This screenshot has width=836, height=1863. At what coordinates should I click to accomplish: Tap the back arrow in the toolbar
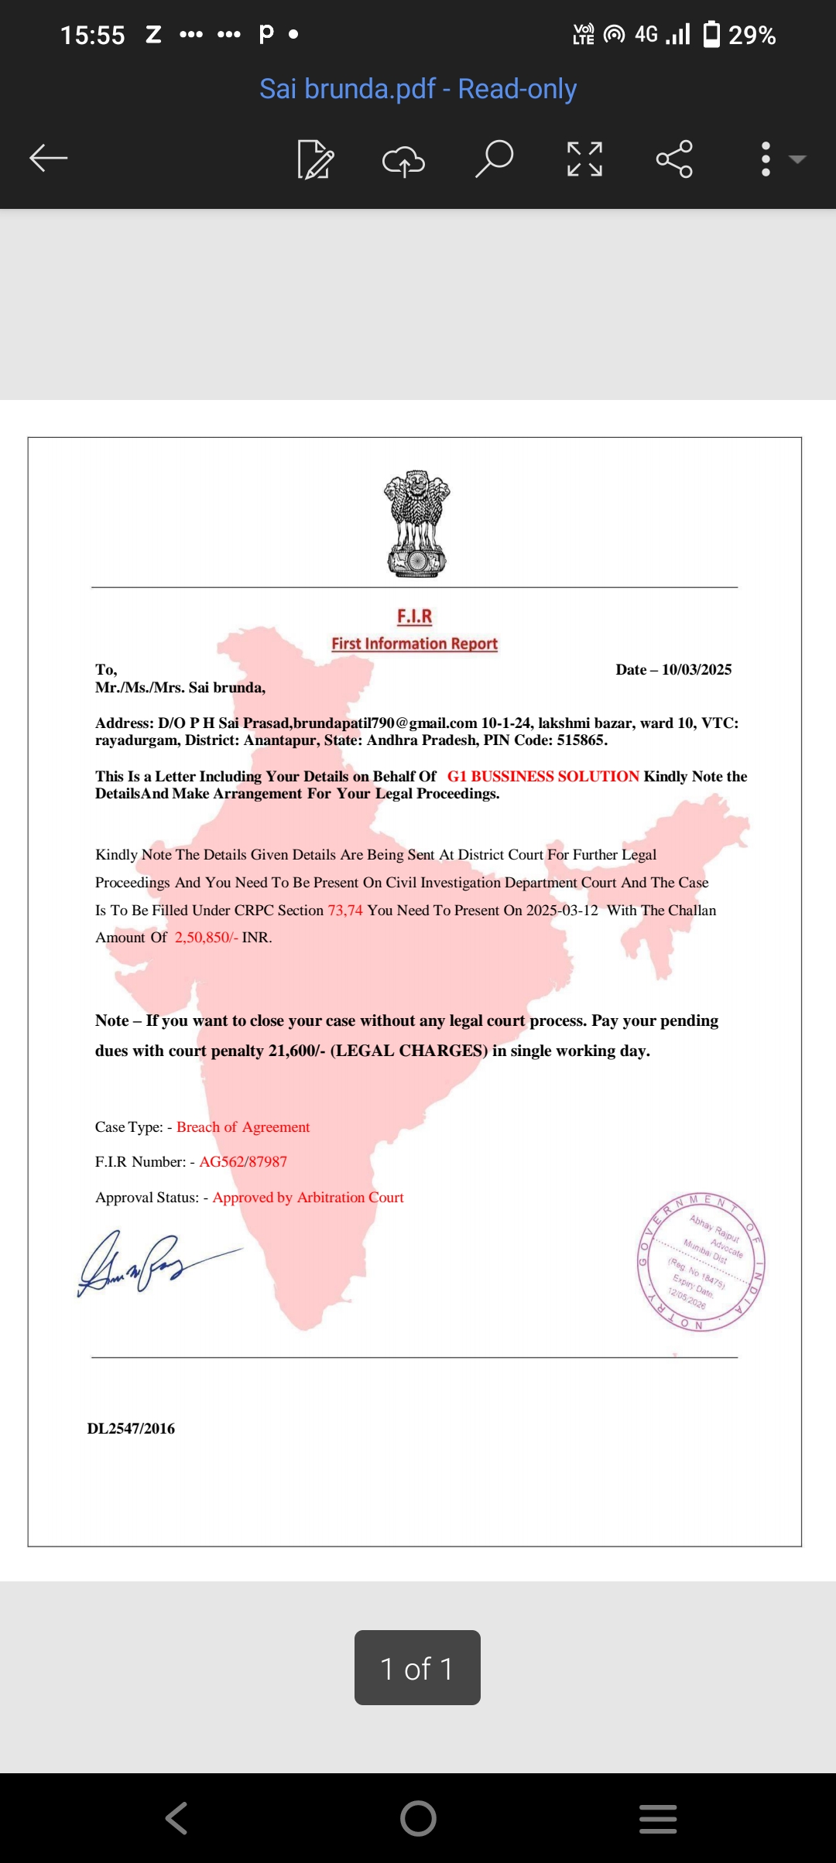pos(49,159)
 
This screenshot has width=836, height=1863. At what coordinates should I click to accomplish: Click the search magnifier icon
pos(494,159)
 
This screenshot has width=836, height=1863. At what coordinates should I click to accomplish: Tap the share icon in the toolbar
pos(674,159)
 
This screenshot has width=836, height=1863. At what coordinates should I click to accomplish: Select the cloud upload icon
pos(403,160)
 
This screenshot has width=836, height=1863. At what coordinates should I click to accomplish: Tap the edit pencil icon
pos(315,159)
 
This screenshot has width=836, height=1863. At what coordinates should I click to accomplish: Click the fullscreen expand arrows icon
pos(584,159)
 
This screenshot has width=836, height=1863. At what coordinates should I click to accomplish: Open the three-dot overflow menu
pos(766,159)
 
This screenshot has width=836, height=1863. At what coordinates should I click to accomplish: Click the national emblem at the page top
pos(417,524)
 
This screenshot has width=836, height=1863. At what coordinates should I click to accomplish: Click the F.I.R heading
pos(415,617)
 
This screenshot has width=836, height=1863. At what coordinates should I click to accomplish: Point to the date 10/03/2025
pos(696,670)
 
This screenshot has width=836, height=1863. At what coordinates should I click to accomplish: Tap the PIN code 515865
pos(581,740)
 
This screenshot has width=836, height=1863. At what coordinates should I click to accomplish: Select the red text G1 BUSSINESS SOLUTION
pos(543,776)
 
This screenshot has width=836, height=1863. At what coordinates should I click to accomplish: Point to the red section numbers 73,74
pos(345,911)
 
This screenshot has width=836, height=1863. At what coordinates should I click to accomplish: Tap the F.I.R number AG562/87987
pos(243,1162)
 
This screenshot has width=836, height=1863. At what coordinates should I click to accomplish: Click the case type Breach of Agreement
pos(243,1127)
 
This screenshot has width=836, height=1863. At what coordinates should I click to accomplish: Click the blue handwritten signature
pos(147,1261)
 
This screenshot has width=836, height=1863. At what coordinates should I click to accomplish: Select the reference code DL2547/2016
pos(131,1429)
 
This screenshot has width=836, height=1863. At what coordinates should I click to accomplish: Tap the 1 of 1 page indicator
pos(417,1668)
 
